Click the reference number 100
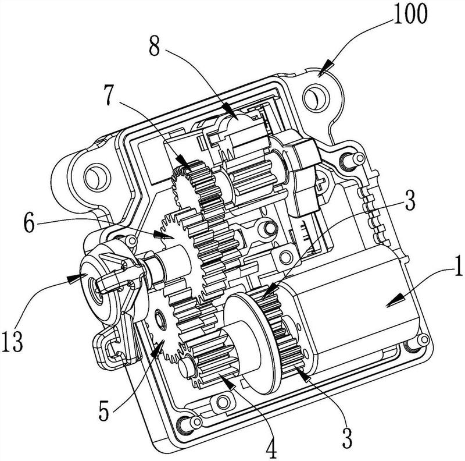coord(410,13)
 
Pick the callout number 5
coord(103,410)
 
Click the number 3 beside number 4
coord(346,438)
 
